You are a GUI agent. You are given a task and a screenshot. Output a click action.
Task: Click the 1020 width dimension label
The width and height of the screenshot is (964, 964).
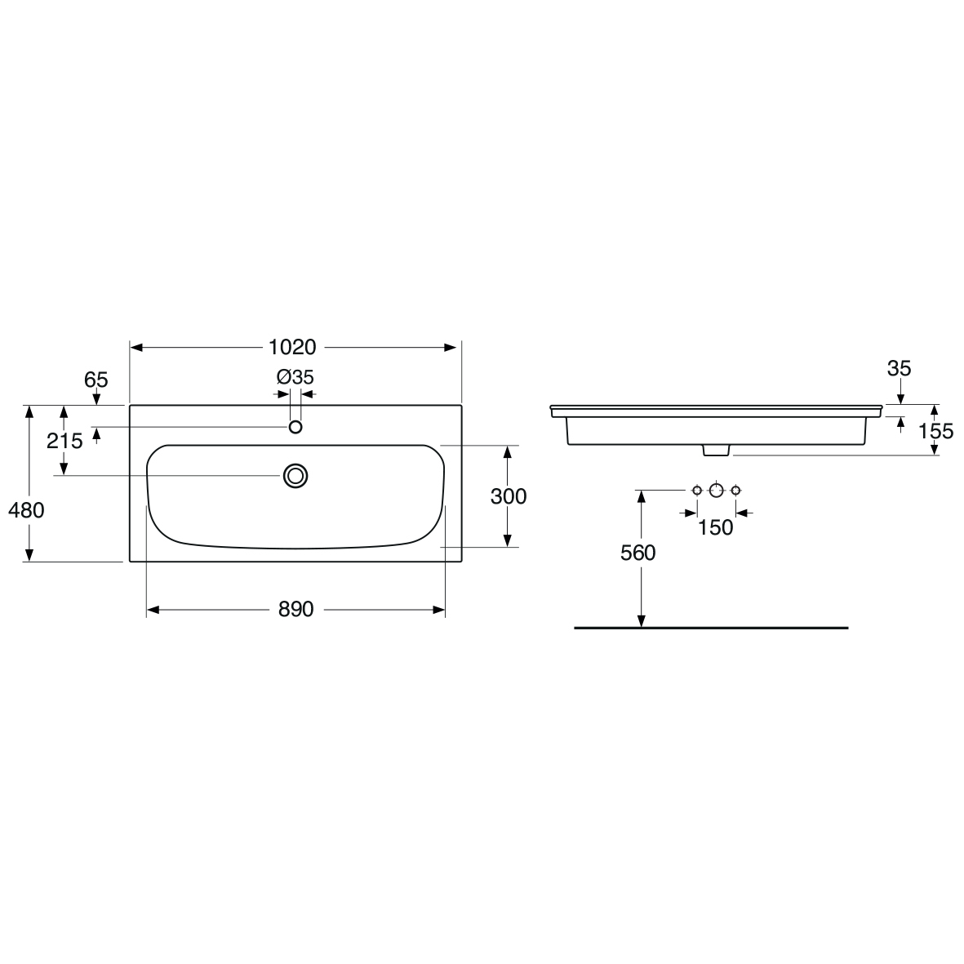pyautogui.click(x=293, y=348)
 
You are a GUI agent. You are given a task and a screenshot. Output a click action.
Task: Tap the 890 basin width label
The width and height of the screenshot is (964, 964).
pyautogui.click(x=295, y=609)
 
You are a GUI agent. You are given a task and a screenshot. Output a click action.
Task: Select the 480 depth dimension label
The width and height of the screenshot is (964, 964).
pyautogui.click(x=26, y=509)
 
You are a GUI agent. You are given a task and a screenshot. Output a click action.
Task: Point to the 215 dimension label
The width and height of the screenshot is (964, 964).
pyautogui.click(x=64, y=441)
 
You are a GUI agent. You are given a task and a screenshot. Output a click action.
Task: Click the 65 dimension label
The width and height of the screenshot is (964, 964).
pyautogui.click(x=96, y=380)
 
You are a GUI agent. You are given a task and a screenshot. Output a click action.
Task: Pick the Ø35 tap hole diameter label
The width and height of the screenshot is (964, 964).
pyautogui.click(x=295, y=376)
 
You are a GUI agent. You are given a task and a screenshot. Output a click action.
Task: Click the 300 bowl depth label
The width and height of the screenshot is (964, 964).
pyautogui.click(x=509, y=496)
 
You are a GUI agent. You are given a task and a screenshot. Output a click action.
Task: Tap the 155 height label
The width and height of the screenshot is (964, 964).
pyautogui.click(x=935, y=431)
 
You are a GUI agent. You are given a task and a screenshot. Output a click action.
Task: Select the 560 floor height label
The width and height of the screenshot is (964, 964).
pyautogui.click(x=637, y=553)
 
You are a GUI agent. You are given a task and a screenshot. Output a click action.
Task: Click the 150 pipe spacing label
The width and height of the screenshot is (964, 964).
pyautogui.click(x=716, y=527)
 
